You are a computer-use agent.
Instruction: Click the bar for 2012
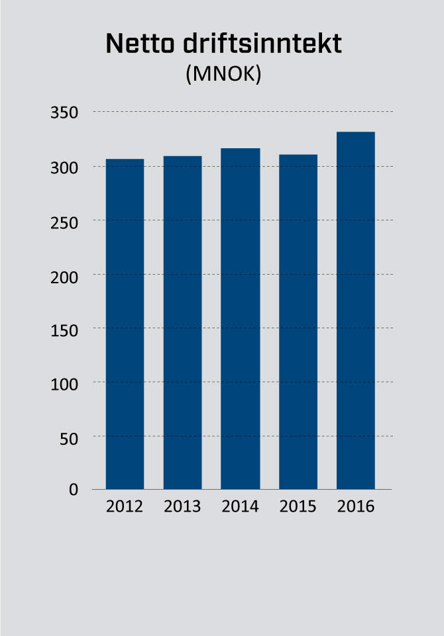click(125, 324)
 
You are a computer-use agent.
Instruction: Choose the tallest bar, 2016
click(355, 311)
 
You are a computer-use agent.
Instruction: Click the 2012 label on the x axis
click(125, 507)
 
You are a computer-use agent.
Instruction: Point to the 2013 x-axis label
click(182, 507)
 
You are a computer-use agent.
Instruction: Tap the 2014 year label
click(240, 507)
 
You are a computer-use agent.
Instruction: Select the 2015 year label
click(298, 507)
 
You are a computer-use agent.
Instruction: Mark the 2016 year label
click(355, 507)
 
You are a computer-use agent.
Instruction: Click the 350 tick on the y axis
click(64, 113)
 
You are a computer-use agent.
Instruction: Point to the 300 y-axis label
click(64, 167)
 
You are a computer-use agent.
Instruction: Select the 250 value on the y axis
click(64, 221)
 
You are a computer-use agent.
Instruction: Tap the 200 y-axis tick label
click(64, 275)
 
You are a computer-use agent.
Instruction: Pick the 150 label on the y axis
click(64, 329)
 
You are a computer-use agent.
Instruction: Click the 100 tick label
click(64, 383)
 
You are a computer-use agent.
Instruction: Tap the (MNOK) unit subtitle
click(223, 75)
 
